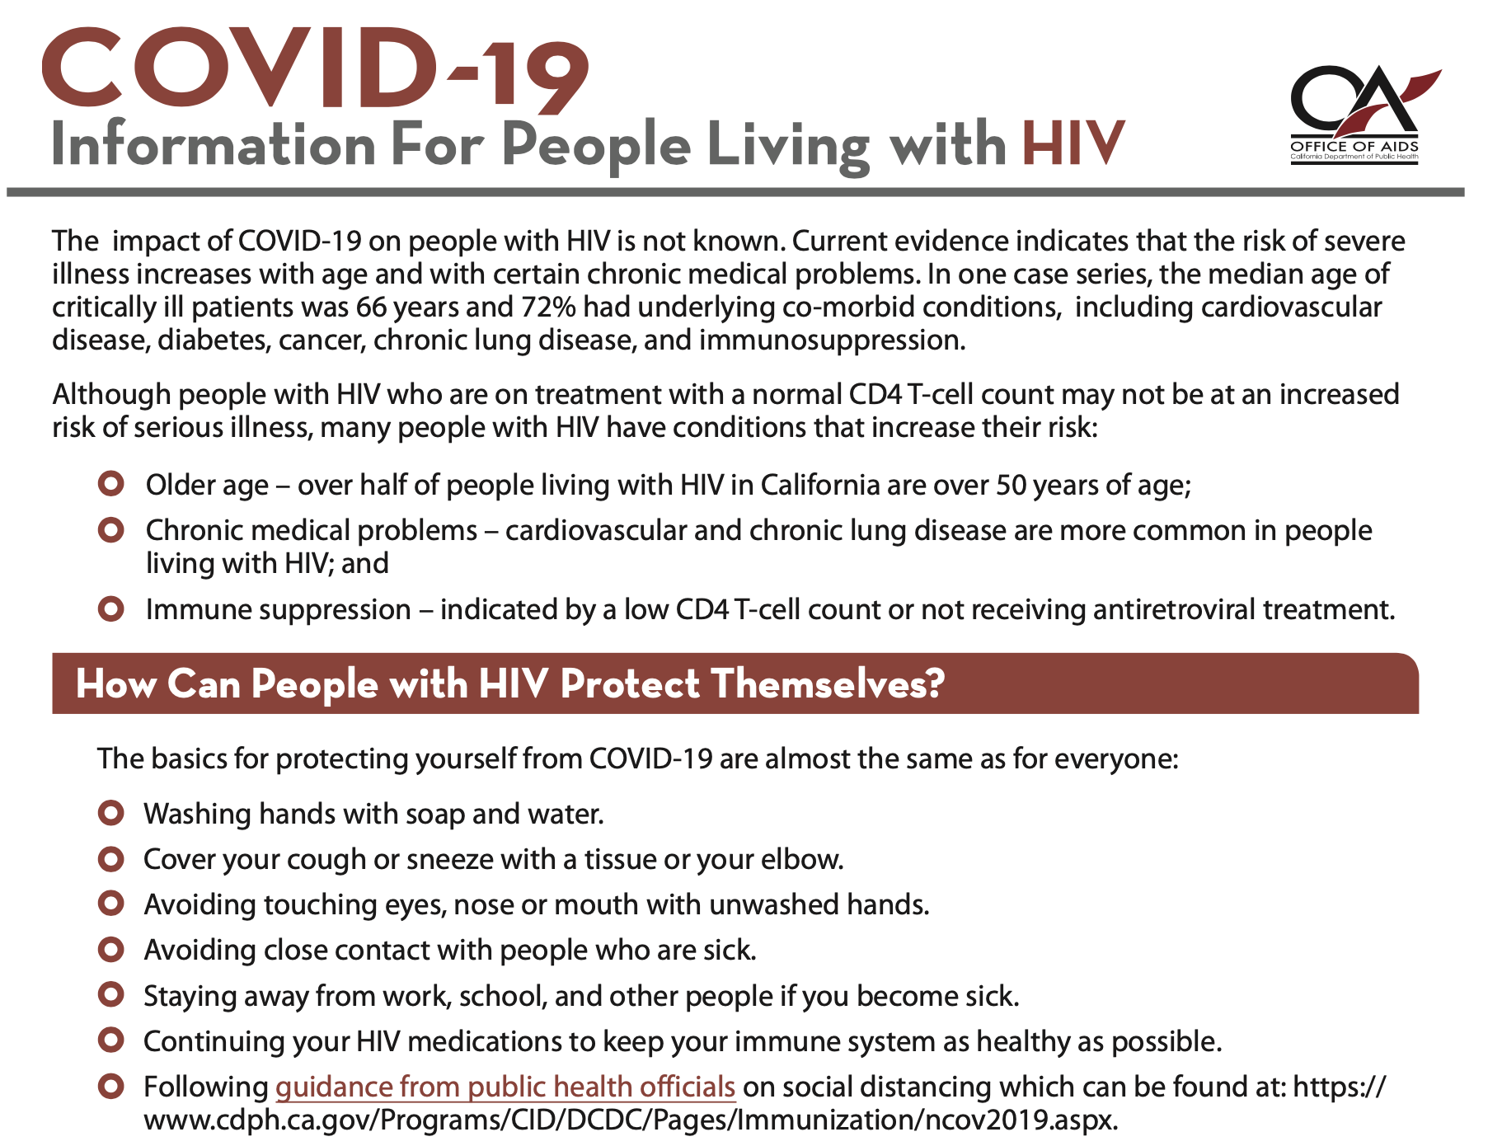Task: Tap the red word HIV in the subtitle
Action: (x=1073, y=144)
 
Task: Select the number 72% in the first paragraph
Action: (x=549, y=307)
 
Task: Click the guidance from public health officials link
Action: (x=505, y=1087)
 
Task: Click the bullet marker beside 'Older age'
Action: (x=110, y=483)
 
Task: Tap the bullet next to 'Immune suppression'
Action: (x=110, y=609)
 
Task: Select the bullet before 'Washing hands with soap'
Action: (x=110, y=813)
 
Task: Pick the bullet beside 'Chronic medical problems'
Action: (x=110, y=529)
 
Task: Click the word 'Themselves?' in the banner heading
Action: (x=827, y=684)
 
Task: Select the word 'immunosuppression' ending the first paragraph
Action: (x=832, y=341)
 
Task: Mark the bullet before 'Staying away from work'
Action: (x=110, y=995)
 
